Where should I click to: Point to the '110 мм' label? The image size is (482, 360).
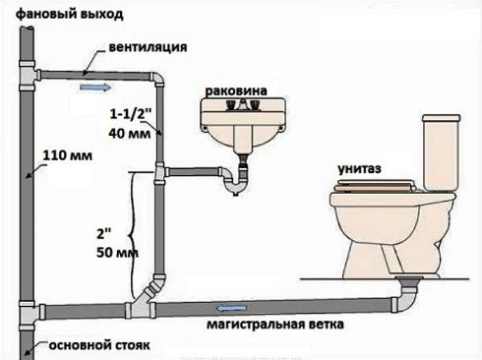tap(60, 154)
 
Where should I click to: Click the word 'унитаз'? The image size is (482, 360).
tap(356, 169)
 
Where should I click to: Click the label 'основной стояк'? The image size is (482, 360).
tap(82, 347)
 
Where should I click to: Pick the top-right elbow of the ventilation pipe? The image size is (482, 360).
tap(156, 80)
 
